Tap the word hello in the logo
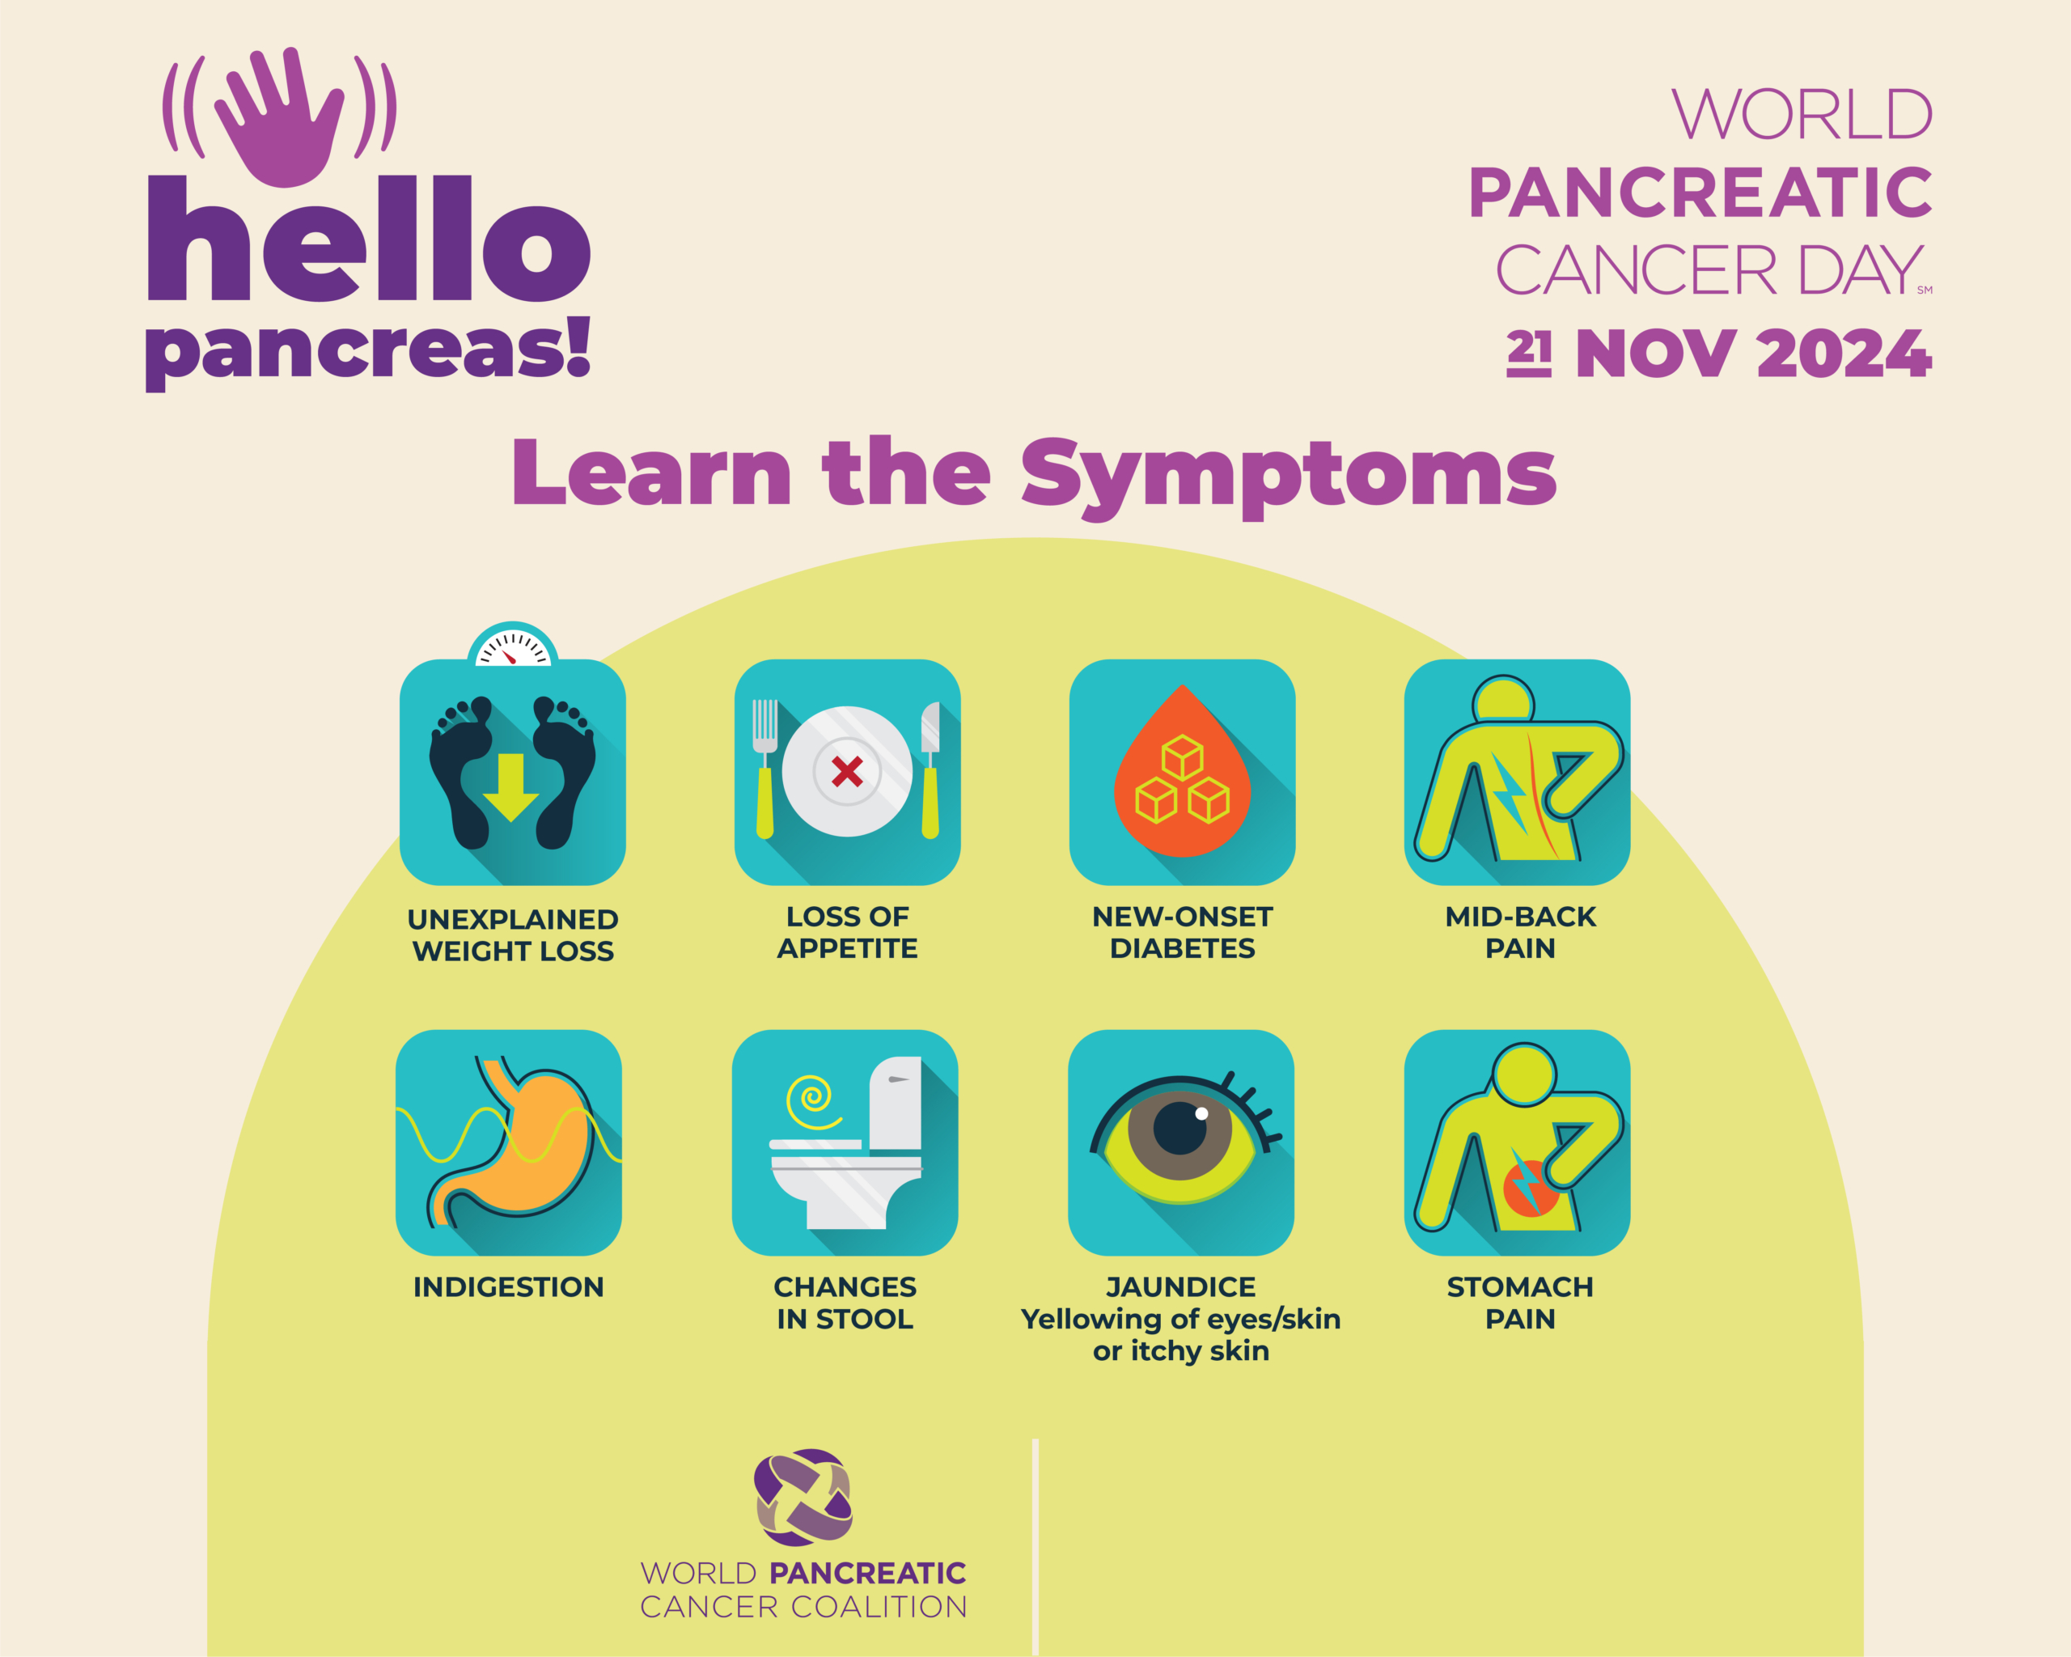pyautogui.click(x=369, y=238)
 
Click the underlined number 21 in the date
pyautogui.click(x=1528, y=353)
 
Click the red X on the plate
pyautogui.click(x=847, y=770)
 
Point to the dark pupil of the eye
pyautogui.click(x=1179, y=1128)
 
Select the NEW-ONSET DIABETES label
pyautogui.click(x=1183, y=933)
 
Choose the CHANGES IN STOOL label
pyautogui.click(x=845, y=1303)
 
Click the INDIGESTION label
pyautogui.click(x=509, y=1287)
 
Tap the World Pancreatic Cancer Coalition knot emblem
pyautogui.click(x=804, y=1498)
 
